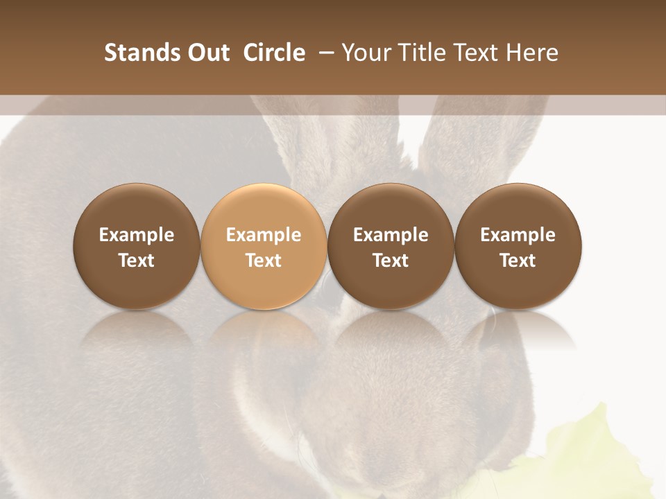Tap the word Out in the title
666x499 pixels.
[207, 53]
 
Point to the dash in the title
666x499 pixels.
[323, 53]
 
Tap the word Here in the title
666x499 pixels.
[533, 53]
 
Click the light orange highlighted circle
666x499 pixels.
[264, 208]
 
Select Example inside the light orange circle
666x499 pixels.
[264, 235]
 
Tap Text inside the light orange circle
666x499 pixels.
[264, 261]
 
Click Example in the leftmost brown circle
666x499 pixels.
[137, 235]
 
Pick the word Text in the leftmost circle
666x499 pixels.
[137, 261]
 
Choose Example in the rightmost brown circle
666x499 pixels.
[518, 235]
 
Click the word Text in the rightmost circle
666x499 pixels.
[518, 261]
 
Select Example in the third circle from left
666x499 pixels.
[391, 235]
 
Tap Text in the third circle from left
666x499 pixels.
[391, 261]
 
